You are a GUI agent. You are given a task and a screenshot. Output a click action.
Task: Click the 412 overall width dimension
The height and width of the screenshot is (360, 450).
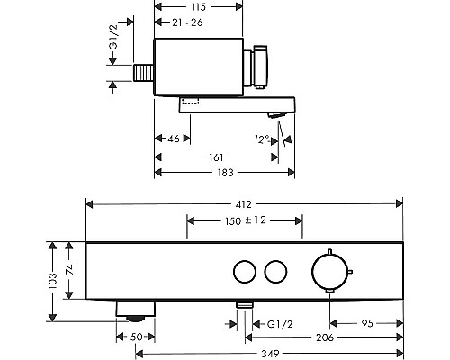[243, 204]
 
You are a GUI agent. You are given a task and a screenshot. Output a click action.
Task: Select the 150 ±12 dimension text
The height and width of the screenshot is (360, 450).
[246, 220]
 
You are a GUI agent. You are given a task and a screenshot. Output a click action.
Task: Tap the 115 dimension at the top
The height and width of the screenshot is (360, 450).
[199, 7]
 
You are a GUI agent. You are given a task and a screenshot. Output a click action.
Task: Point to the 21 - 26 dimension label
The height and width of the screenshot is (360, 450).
[187, 22]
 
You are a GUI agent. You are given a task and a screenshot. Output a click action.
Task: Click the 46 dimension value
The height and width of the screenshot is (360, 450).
[174, 139]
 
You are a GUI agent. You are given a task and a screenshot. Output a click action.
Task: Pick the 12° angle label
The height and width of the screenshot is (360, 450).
[262, 139]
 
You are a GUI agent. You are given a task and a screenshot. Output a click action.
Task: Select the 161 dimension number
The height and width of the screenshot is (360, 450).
[216, 157]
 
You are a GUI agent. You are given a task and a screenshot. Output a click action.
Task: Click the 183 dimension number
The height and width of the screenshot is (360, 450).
[226, 173]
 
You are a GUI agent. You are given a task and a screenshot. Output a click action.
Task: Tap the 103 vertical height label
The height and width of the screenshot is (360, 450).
[52, 281]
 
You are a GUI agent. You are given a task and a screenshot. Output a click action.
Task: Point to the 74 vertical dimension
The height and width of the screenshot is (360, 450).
[69, 269]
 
